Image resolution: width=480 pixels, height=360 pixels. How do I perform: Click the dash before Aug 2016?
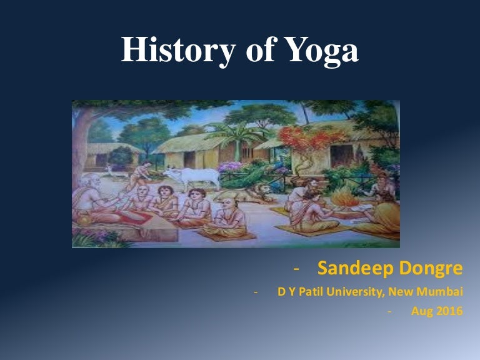[389, 311]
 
